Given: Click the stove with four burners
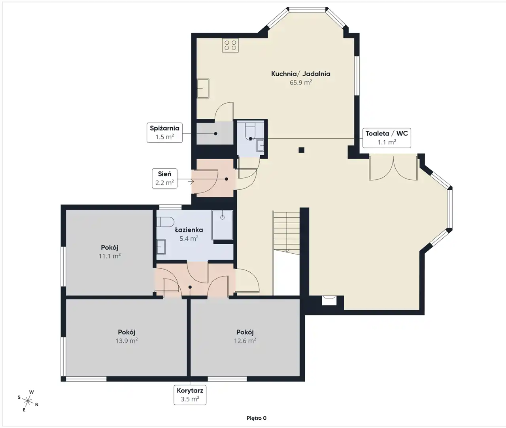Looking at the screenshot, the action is point(230,45).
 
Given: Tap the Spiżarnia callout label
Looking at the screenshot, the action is point(164,133).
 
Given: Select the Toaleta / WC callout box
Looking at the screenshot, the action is point(387,138).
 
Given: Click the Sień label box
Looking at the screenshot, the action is point(164,178).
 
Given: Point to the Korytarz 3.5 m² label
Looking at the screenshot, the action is point(190,395).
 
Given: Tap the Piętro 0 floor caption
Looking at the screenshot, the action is point(256,418).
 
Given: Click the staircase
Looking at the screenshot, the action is point(286,232).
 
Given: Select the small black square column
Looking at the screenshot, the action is point(301,150).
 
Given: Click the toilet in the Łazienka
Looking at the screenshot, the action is point(165,222).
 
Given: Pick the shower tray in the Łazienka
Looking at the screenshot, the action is point(223,225).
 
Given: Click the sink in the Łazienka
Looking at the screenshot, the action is point(161,247).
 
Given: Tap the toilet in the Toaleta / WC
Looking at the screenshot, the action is point(250,132).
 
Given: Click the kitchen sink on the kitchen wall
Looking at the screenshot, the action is point(203,89).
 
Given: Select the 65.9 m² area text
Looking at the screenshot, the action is point(300,83).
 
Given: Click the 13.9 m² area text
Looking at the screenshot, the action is point(126,341).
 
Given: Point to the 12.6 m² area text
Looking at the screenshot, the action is point(245,341).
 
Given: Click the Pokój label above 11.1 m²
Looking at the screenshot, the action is point(110,247).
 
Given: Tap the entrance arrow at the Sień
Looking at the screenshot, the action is point(191,182).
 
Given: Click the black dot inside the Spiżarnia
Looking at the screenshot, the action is point(216,134).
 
